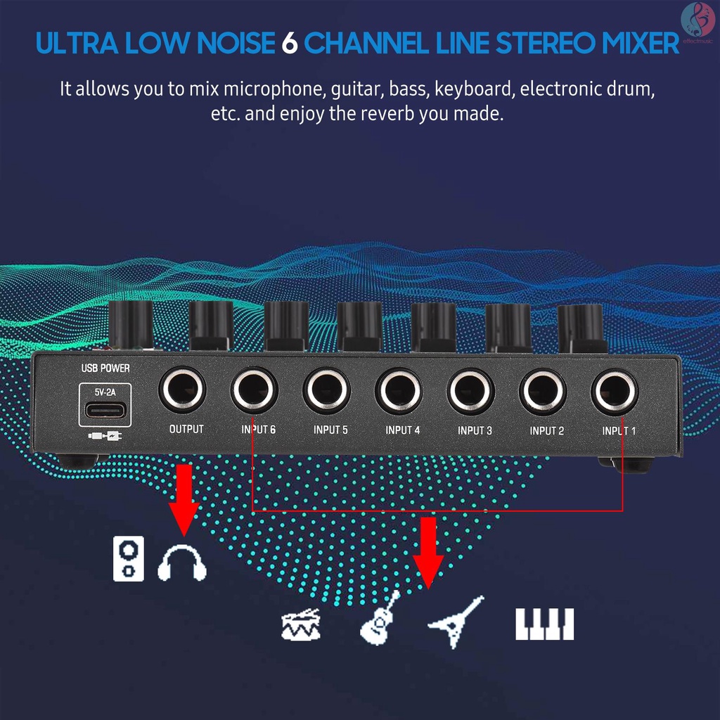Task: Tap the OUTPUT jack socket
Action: pos(182,390)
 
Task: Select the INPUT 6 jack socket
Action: pos(255,390)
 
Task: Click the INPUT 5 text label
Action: pos(330,430)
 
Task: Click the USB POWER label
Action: pos(106,368)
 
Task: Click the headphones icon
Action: pos(182,562)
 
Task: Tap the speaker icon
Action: pos(129,558)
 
